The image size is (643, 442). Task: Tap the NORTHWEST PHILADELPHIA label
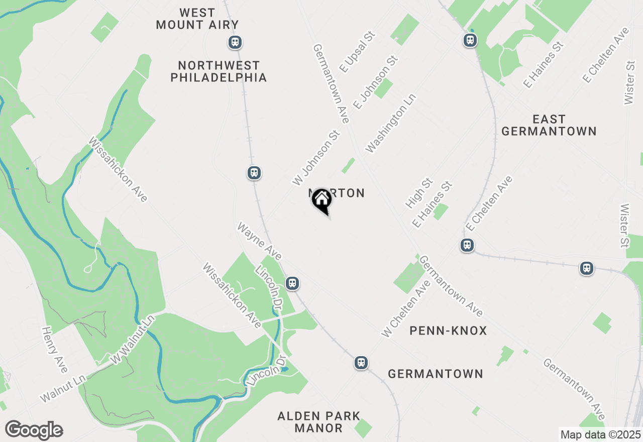pyautogui.click(x=219, y=71)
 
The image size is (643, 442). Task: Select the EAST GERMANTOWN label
pyautogui.click(x=549, y=126)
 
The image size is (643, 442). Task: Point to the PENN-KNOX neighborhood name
pyautogui.click(x=448, y=330)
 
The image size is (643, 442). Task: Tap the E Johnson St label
pyautogui.click(x=375, y=82)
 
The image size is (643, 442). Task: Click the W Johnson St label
pyautogui.click(x=316, y=157)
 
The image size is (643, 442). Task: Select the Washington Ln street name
pyautogui.click(x=391, y=123)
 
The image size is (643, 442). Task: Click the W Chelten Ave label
pyautogui.click(x=406, y=309)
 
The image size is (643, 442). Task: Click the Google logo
pyautogui.click(x=34, y=430)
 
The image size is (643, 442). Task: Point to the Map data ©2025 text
pyautogui.click(x=600, y=434)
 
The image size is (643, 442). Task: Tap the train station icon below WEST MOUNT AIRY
pyautogui.click(x=235, y=43)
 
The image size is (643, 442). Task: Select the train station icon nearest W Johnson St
pyautogui.click(x=254, y=173)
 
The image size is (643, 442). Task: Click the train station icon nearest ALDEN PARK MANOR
pyautogui.click(x=361, y=363)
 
